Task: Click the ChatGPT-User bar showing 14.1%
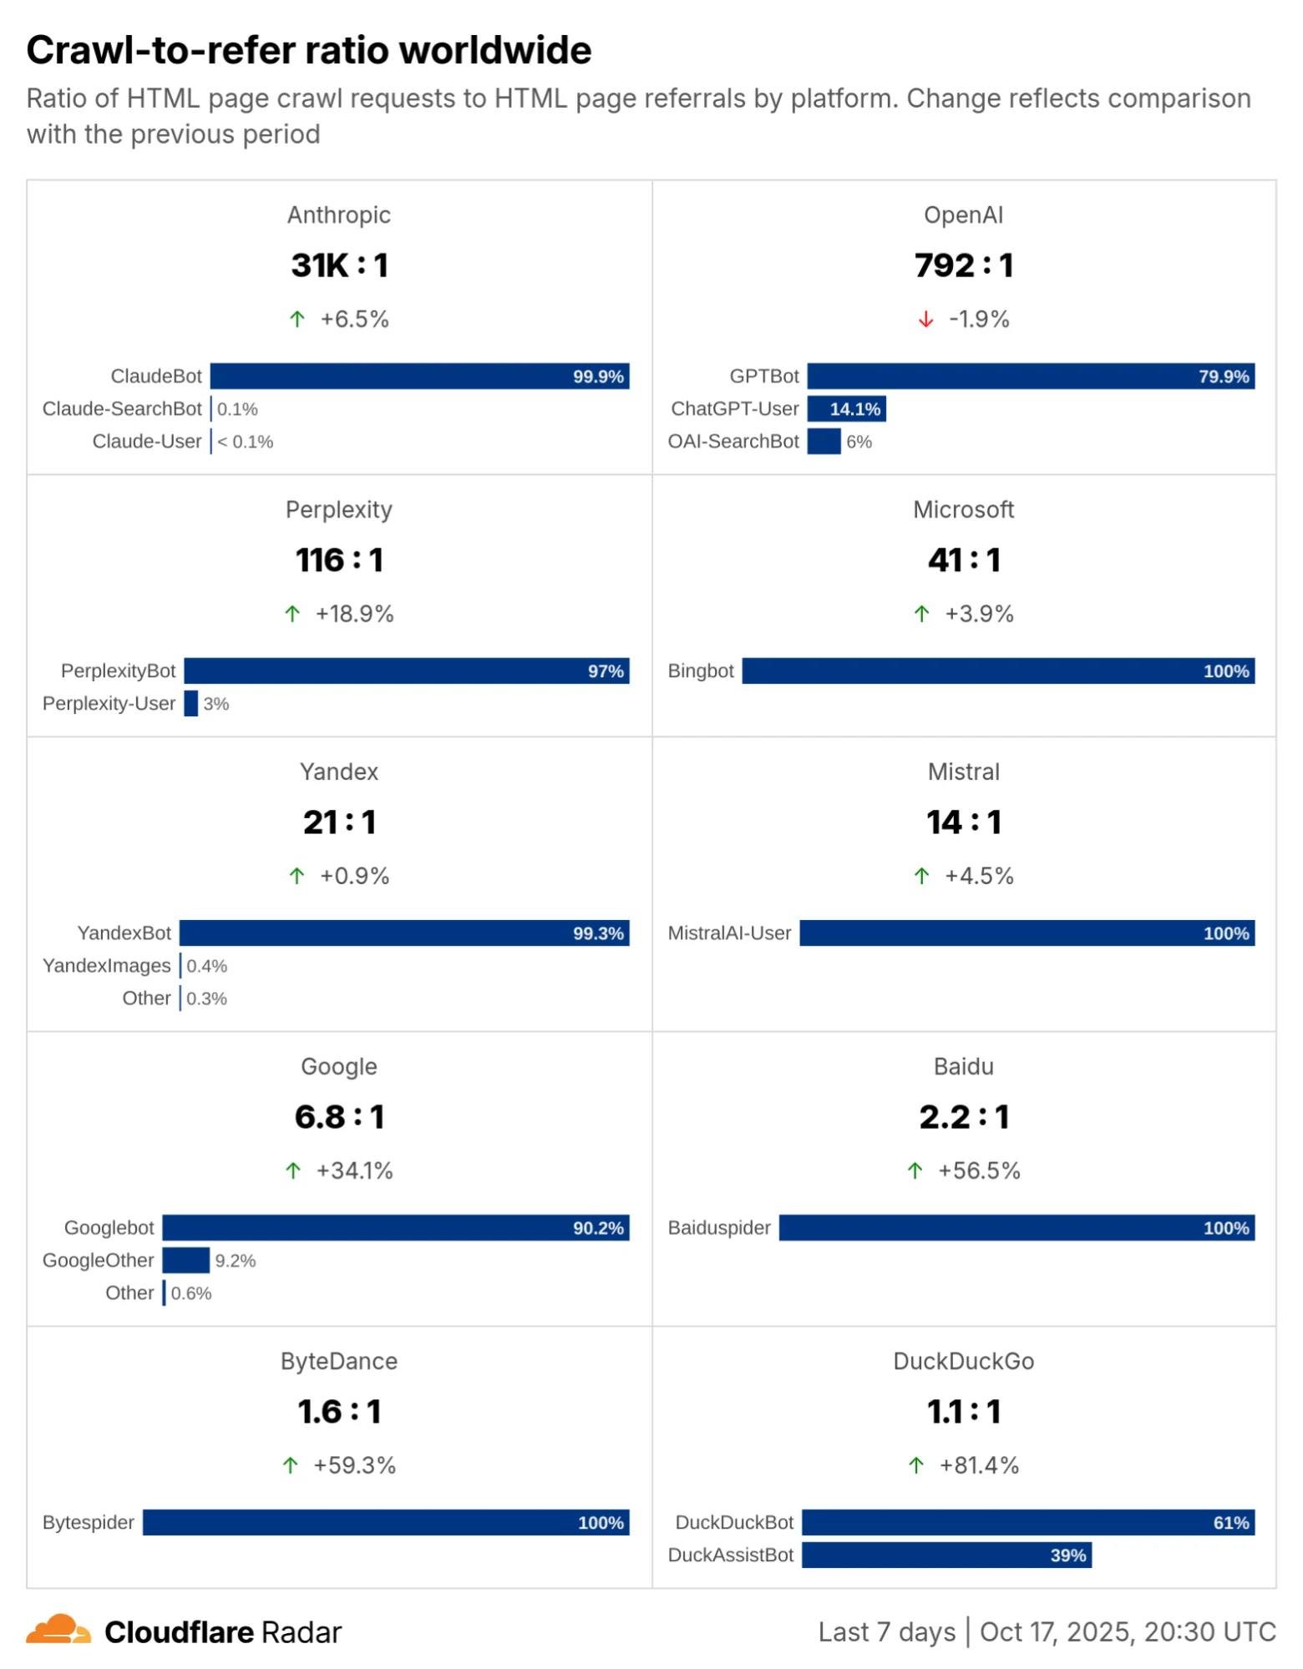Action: [845, 409]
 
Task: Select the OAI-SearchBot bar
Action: [823, 442]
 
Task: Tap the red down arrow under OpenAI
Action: [925, 320]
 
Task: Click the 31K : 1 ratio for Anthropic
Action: [339, 266]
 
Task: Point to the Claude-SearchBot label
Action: [122, 409]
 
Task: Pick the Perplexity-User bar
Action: [191, 704]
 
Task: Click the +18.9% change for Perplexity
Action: [354, 614]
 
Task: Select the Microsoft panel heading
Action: [963, 510]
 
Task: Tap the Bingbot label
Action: [700, 671]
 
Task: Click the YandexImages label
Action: [106, 966]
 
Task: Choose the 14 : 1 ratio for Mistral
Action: [963, 822]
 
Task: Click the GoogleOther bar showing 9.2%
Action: [185, 1261]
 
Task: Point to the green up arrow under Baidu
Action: [915, 1171]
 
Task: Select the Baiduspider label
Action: [718, 1228]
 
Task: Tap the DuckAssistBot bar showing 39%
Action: [946, 1555]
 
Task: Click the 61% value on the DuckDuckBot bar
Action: [1230, 1523]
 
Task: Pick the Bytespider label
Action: [89, 1523]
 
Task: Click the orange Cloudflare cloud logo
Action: [58, 1631]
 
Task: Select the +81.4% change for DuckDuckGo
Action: [978, 1466]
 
